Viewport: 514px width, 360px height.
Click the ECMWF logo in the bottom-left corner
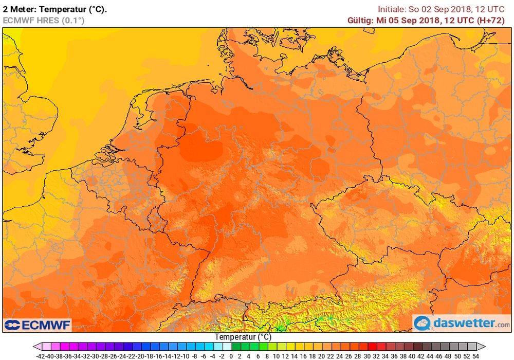point(38,325)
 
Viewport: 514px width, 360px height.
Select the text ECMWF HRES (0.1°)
point(43,21)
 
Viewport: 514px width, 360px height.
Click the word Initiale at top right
point(393,9)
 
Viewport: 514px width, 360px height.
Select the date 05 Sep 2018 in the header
point(412,21)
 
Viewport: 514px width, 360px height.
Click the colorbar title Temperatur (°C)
point(243,337)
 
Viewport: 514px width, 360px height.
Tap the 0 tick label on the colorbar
point(231,355)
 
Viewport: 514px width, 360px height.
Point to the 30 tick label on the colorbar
point(366,355)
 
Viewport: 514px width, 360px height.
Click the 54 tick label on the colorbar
point(475,355)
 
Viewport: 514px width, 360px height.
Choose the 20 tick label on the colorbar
point(321,355)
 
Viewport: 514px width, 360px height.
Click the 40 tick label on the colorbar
point(412,355)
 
